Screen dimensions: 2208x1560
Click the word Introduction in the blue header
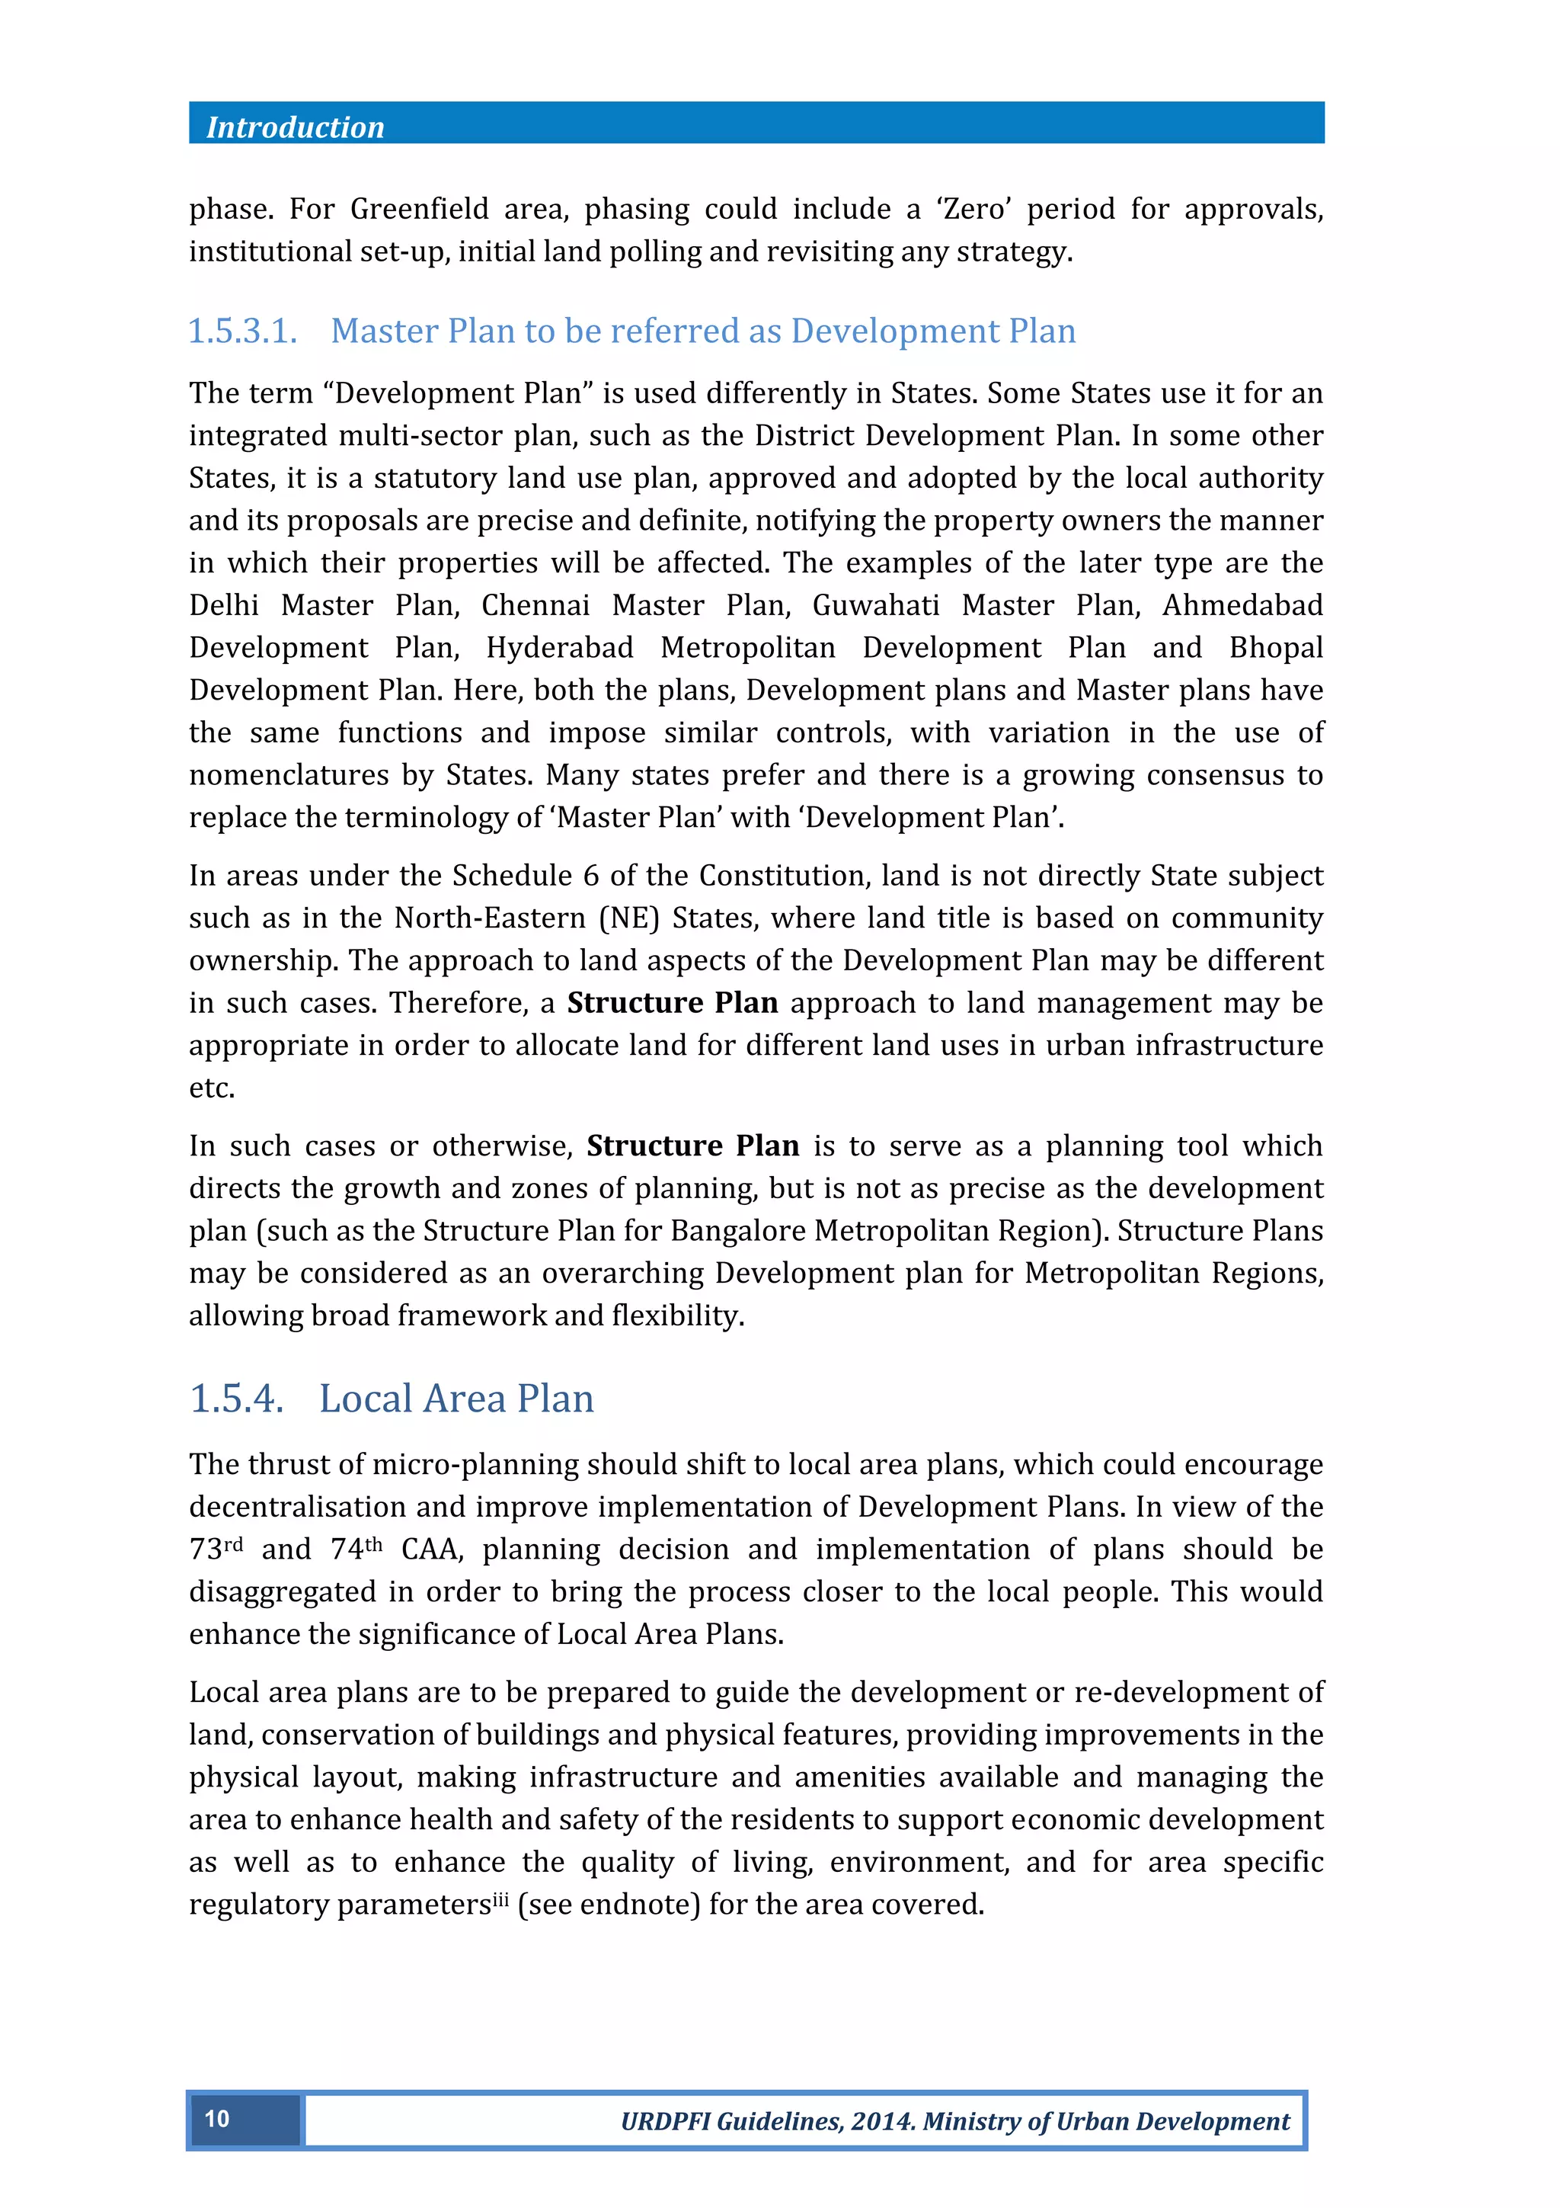[x=294, y=128]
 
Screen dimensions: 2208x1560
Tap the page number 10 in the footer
[x=217, y=2119]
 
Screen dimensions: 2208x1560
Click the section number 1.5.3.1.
[x=242, y=332]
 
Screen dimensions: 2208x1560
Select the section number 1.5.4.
[x=236, y=1399]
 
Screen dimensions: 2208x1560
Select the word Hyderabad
[x=559, y=648]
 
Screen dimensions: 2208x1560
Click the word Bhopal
[x=1275, y=648]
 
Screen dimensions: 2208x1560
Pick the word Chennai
[x=535, y=606]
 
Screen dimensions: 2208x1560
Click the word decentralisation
[x=293, y=1507]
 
